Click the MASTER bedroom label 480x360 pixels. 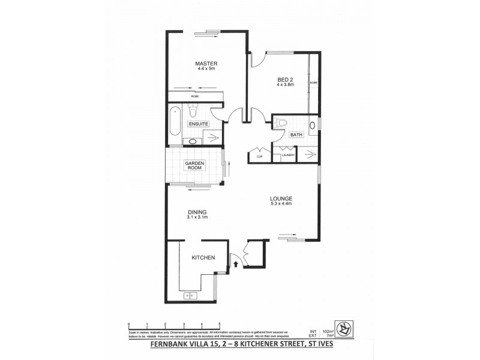point(206,64)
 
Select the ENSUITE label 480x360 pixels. point(198,124)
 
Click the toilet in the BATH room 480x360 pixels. point(283,122)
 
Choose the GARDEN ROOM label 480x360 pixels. point(195,166)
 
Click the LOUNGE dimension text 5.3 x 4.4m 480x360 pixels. point(280,204)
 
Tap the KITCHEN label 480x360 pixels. point(203,257)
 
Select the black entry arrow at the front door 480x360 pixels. point(236,263)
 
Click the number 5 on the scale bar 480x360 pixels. point(220,324)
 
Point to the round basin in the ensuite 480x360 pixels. point(193,142)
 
